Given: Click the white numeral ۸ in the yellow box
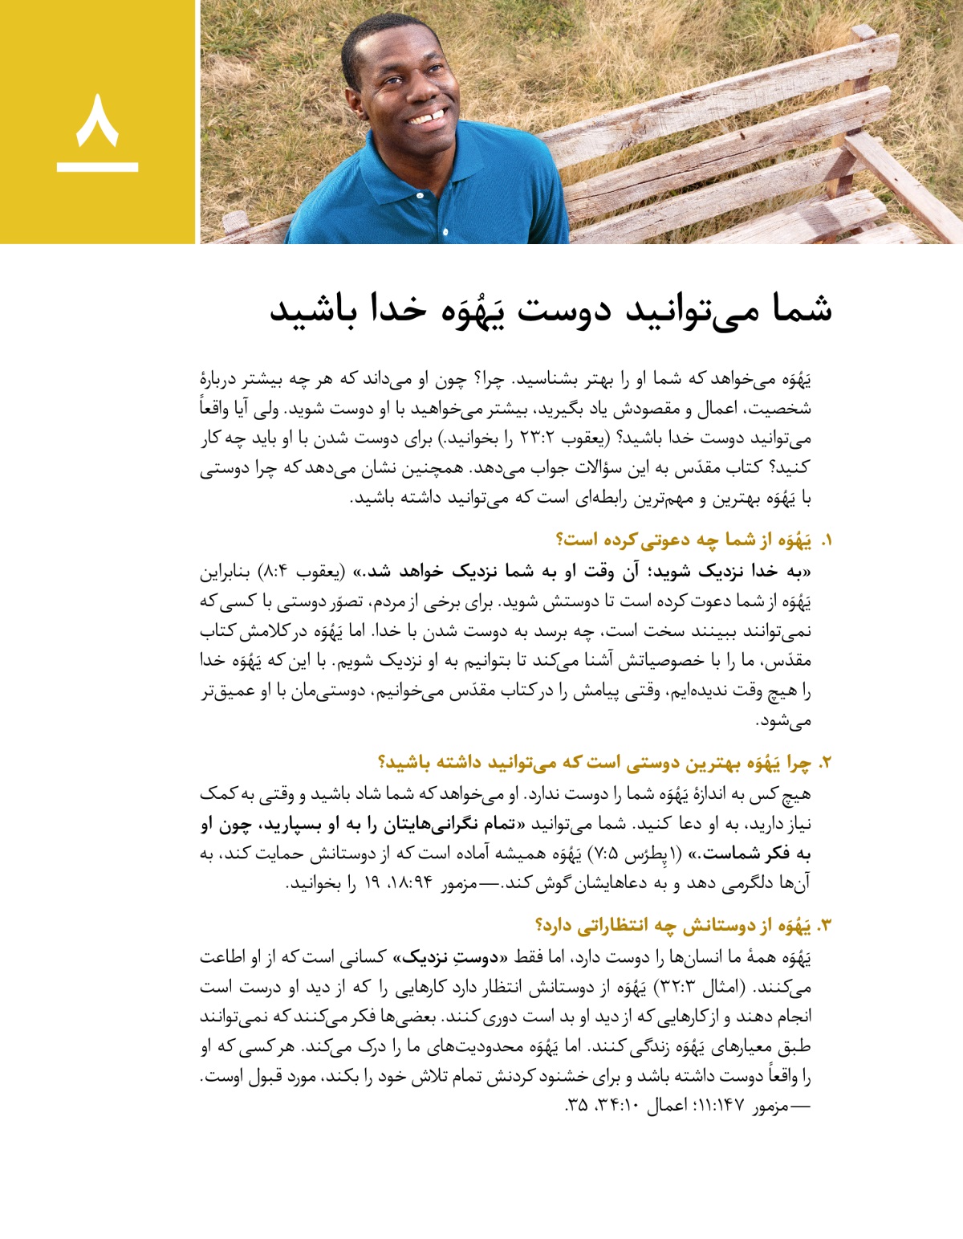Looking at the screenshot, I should click(97, 120).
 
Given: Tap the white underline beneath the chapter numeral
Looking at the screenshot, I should click(97, 167).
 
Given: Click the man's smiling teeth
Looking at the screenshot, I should click(426, 119).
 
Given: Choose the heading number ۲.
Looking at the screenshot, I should click(825, 763).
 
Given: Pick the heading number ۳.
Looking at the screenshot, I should click(824, 926).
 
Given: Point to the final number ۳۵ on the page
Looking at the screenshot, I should click(577, 1106).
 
